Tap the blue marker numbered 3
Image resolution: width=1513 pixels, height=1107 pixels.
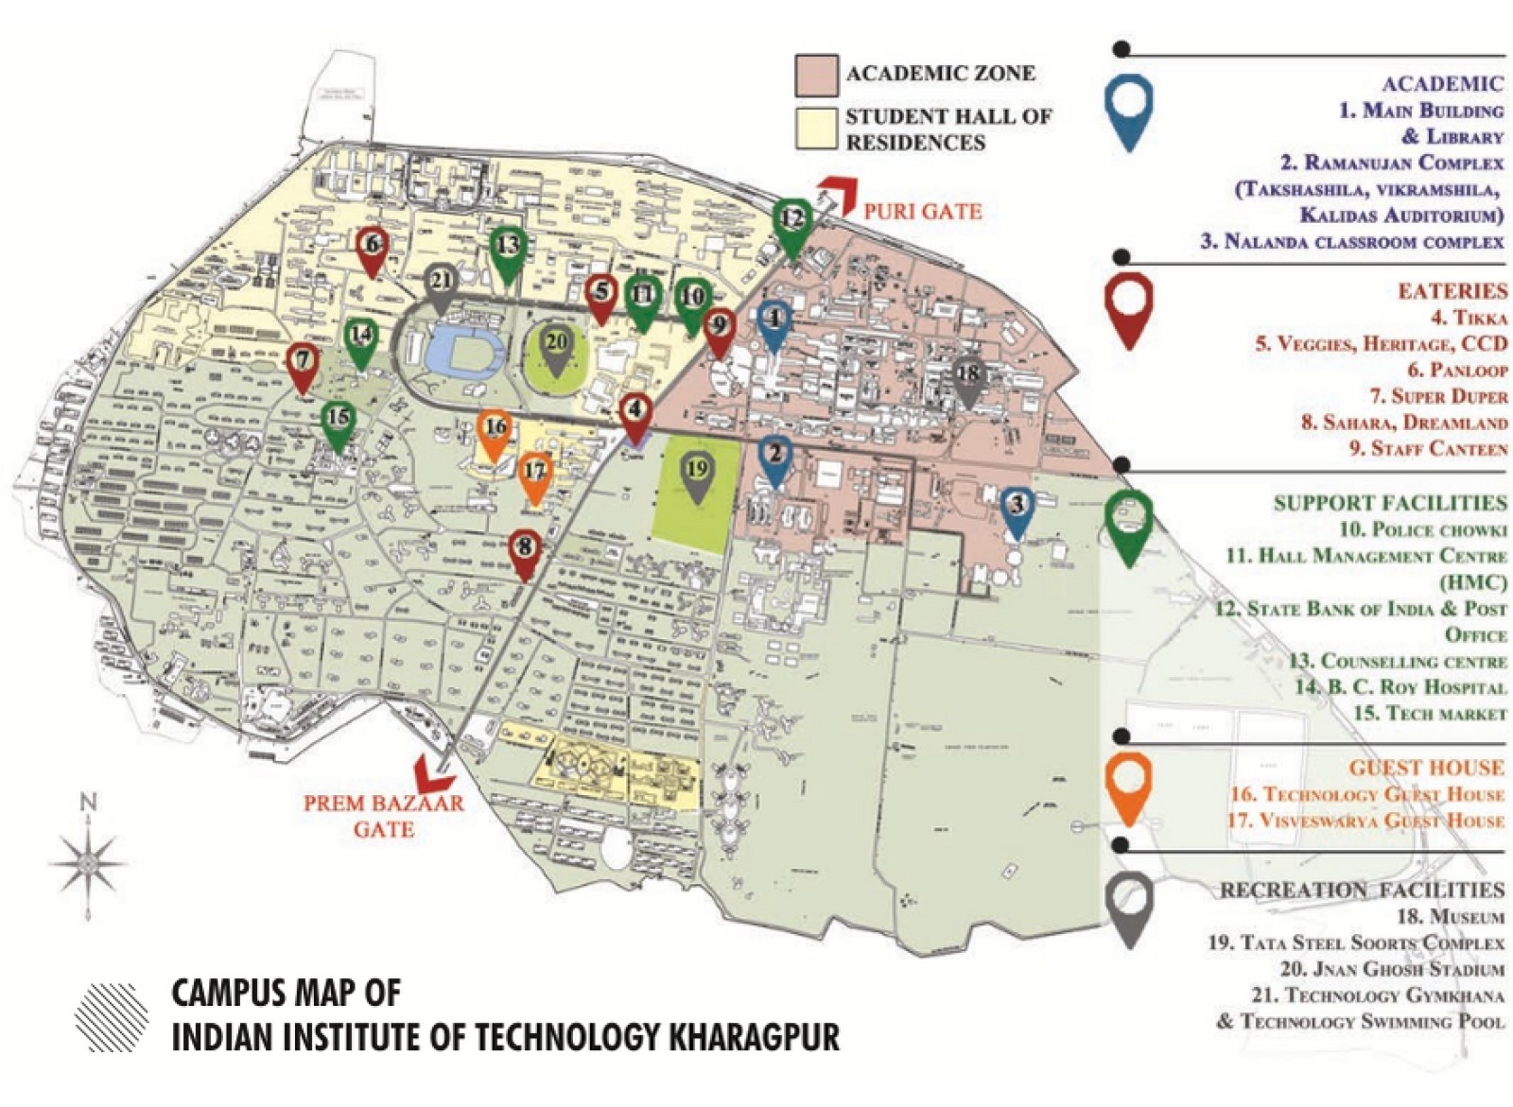(x=1017, y=506)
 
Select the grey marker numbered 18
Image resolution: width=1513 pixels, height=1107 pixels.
(x=967, y=375)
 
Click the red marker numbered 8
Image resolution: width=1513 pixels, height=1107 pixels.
(x=524, y=548)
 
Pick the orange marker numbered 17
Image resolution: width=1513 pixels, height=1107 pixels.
(x=535, y=473)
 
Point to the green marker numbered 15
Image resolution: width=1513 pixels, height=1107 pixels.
(x=338, y=420)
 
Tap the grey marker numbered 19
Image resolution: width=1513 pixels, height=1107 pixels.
(x=697, y=471)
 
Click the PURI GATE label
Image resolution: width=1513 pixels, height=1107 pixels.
(x=922, y=211)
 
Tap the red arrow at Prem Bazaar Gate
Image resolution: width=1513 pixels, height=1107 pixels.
(x=435, y=771)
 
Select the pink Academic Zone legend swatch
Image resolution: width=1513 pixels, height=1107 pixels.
(x=815, y=75)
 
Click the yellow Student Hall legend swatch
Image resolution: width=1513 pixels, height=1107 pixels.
(x=815, y=129)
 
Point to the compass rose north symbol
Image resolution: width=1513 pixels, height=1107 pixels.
(x=88, y=860)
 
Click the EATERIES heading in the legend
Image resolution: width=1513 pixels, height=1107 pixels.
(x=1452, y=291)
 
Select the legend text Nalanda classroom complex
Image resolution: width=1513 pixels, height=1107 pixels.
(x=1352, y=242)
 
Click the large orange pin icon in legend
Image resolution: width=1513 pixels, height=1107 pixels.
(x=1128, y=783)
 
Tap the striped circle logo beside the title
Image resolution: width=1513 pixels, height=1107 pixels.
(x=112, y=1016)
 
